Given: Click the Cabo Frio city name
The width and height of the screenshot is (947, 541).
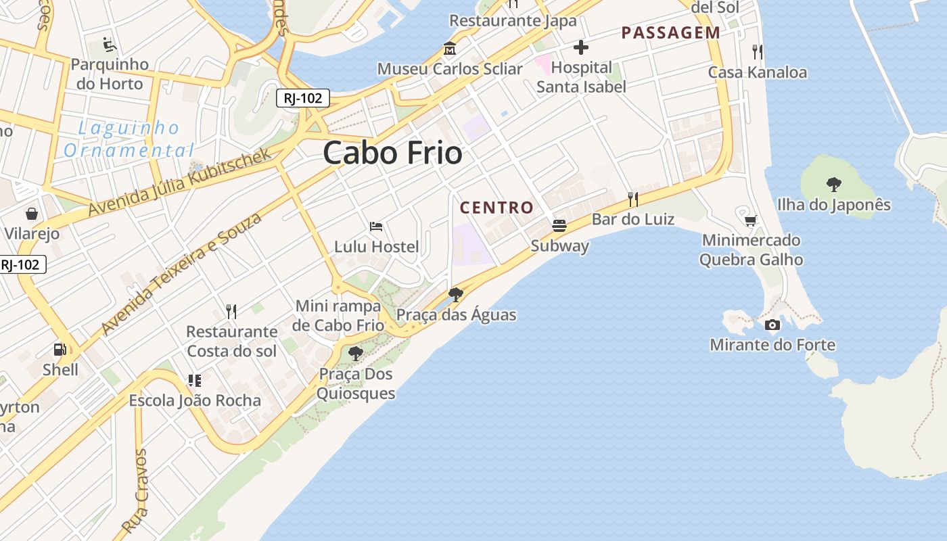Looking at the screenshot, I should [x=392, y=153].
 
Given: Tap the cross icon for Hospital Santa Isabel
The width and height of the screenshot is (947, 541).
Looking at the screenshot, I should [x=580, y=47].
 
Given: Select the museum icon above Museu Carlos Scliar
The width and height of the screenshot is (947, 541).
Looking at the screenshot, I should [x=449, y=49].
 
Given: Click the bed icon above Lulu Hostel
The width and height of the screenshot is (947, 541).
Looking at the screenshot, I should [x=376, y=226].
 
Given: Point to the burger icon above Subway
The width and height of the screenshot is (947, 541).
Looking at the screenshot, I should [x=559, y=225].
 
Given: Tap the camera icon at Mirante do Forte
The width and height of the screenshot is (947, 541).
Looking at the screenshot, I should [x=772, y=325].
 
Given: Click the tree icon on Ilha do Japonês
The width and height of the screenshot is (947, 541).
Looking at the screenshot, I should [x=833, y=183].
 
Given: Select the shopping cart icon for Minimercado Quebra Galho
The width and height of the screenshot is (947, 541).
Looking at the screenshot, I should [x=750, y=220].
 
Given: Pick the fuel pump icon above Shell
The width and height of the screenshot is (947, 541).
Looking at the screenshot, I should [x=60, y=349].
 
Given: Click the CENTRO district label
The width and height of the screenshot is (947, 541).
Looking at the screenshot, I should [x=496, y=208].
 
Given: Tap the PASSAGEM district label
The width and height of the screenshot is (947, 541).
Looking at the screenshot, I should [x=671, y=32].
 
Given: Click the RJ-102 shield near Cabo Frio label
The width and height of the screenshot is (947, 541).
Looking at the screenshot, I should [x=302, y=98].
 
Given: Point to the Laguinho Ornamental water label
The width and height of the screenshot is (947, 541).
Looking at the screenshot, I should [x=129, y=139].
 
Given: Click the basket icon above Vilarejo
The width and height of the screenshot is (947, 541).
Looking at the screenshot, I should [x=31, y=214].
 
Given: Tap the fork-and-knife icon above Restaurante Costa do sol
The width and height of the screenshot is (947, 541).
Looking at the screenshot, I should [x=231, y=311].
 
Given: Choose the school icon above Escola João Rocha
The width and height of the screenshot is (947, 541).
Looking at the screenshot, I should [x=195, y=380].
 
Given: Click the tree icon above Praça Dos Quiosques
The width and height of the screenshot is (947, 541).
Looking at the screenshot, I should [x=355, y=353].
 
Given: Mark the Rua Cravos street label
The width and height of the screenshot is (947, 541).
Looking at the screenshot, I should [x=135, y=490].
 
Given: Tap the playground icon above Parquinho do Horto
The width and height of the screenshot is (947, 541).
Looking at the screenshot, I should [x=109, y=44].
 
